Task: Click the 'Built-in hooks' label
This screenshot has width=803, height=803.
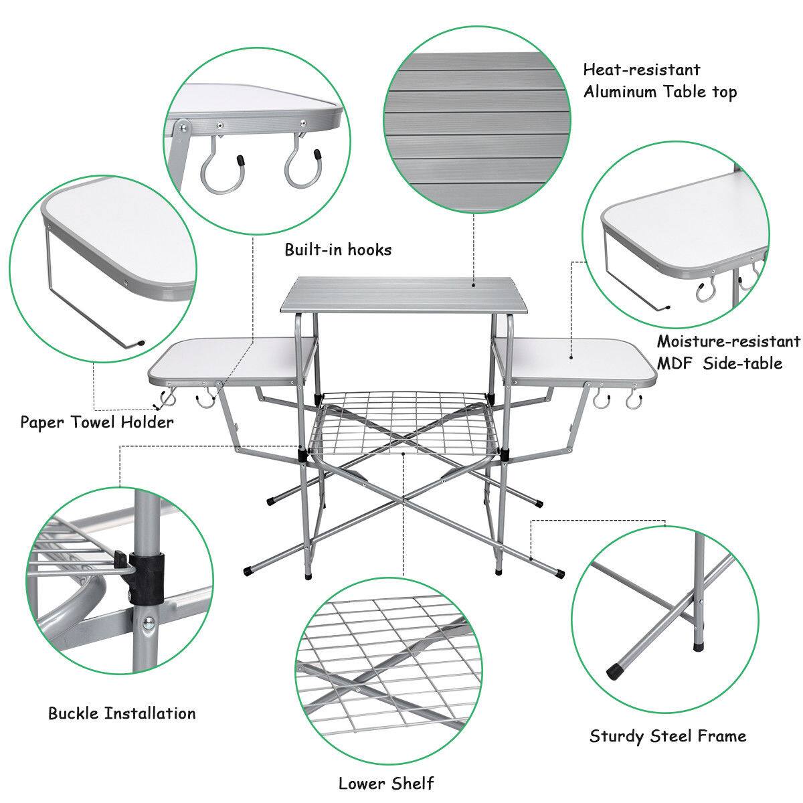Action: tap(338, 250)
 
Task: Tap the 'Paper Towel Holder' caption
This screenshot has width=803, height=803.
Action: tap(96, 422)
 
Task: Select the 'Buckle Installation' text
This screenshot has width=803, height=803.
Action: tap(122, 713)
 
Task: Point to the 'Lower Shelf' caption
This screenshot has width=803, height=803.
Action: tap(386, 783)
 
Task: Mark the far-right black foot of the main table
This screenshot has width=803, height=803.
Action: tap(560, 573)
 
